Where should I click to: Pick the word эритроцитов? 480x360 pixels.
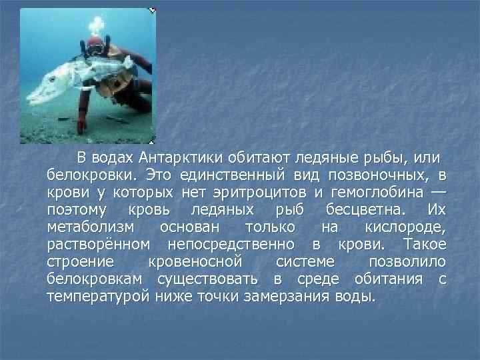(259, 193)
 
